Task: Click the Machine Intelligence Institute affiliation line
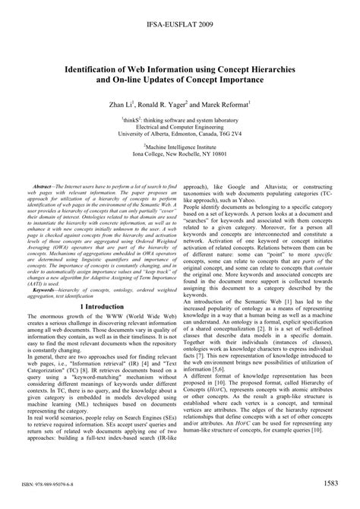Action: point(180,151)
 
